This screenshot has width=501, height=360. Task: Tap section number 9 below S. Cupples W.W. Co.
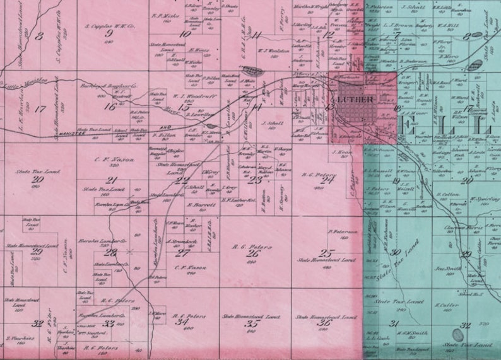coord(109,33)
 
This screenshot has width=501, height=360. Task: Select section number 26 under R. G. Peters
coord(254,253)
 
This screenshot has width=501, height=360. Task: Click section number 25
coord(326,253)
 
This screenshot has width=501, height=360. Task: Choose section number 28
coord(112,252)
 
